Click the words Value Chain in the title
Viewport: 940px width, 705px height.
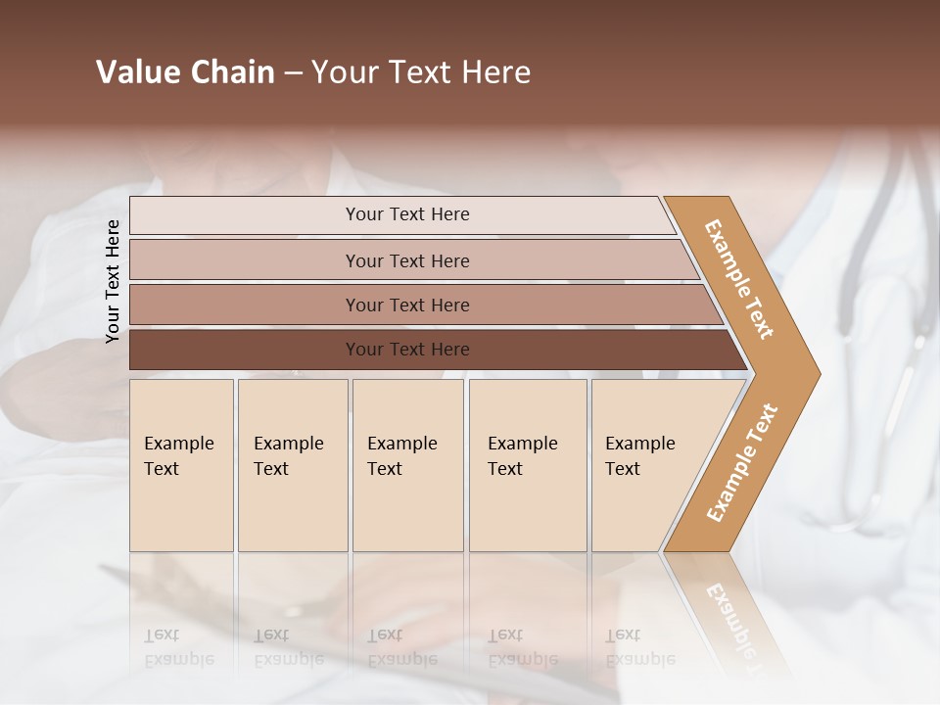[x=185, y=72]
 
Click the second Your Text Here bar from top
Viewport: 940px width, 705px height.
[x=407, y=260]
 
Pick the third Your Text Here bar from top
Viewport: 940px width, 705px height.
[x=407, y=305]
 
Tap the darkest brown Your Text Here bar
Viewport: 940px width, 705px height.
[x=407, y=350]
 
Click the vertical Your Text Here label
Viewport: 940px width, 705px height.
[x=113, y=281]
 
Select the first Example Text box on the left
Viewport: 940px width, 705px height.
[x=181, y=464]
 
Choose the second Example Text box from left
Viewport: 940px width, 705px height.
[x=292, y=464]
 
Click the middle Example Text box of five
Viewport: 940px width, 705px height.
[x=407, y=464]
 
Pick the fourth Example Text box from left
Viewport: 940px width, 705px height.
[x=527, y=464]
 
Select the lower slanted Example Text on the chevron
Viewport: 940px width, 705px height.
[x=742, y=462]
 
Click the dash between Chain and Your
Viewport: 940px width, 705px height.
[x=292, y=73]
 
